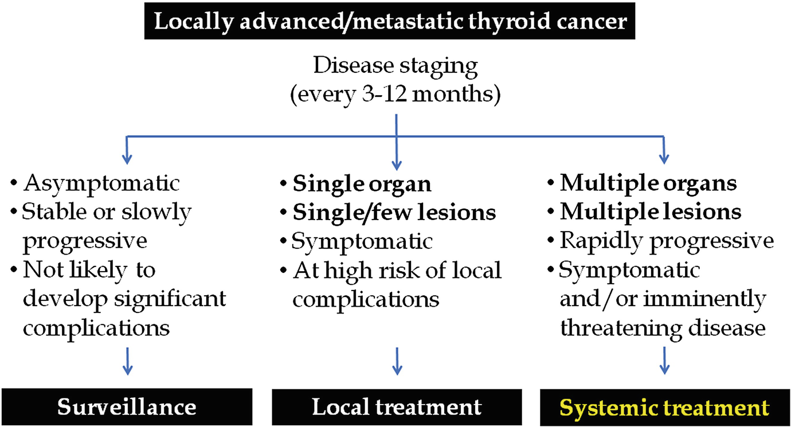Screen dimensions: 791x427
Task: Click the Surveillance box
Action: click(127, 407)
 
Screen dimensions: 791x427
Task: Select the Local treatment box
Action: click(397, 407)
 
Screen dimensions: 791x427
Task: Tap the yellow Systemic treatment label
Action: click(664, 408)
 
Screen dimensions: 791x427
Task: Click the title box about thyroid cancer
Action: click(390, 21)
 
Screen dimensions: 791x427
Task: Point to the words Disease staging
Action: click(395, 66)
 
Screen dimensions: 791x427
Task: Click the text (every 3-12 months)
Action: click(395, 95)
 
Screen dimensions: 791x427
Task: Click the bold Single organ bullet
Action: click(362, 185)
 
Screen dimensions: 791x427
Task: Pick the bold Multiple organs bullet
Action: click(648, 183)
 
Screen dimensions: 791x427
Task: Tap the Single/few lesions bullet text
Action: click(394, 213)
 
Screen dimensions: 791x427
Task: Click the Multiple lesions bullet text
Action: click(651, 212)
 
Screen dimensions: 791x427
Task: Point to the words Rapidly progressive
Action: click(667, 242)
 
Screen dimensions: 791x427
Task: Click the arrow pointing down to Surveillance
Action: click(127, 361)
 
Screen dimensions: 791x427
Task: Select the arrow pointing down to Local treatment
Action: click(397, 361)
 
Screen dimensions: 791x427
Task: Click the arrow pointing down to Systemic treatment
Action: click(664, 361)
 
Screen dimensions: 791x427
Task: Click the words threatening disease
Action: click(663, 328)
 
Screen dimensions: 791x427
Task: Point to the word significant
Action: click(170, 299)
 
